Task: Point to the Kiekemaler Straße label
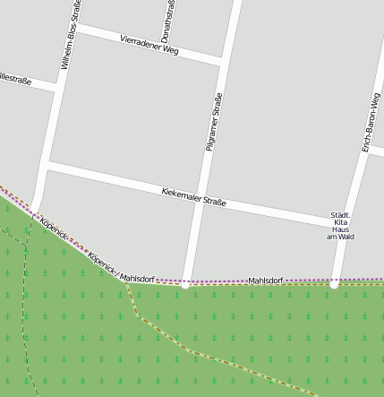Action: coord(193,197)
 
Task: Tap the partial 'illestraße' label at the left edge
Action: coord(16,80)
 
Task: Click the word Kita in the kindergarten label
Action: coord(340,221)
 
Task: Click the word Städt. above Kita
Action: coord(340,214)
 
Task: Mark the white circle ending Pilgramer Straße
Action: coord(184,286)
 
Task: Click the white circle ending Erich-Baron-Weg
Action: coord(333,285)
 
